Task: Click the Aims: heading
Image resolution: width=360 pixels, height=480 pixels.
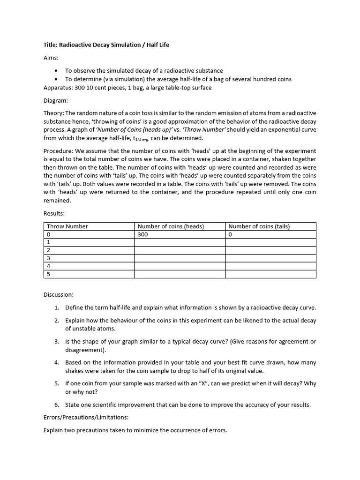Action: pos(52,57)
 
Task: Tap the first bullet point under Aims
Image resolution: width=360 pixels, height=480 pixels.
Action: pos(57,71)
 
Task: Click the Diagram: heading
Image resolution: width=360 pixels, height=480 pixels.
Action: pos(56,100)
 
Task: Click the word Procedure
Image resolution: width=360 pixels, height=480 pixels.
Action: pos(57,151)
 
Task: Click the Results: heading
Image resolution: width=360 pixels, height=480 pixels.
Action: pos(54,213)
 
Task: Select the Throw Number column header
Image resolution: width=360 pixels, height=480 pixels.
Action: pos(67,226)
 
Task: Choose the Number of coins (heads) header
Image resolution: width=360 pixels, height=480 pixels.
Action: pos(171,226)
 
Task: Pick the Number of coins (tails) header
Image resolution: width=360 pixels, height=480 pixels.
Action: pos(259,226)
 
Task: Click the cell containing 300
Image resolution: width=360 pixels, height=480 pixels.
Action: pos(142,234)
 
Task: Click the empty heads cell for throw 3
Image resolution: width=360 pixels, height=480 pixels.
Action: pos(180,258)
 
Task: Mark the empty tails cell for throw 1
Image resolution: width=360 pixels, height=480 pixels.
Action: pos(270,242)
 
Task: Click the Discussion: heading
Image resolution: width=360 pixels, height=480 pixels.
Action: pos(58,295)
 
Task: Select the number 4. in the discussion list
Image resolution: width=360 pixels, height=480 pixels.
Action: pos(56,363)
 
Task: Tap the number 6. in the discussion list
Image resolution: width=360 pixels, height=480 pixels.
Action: pos(56,405)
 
